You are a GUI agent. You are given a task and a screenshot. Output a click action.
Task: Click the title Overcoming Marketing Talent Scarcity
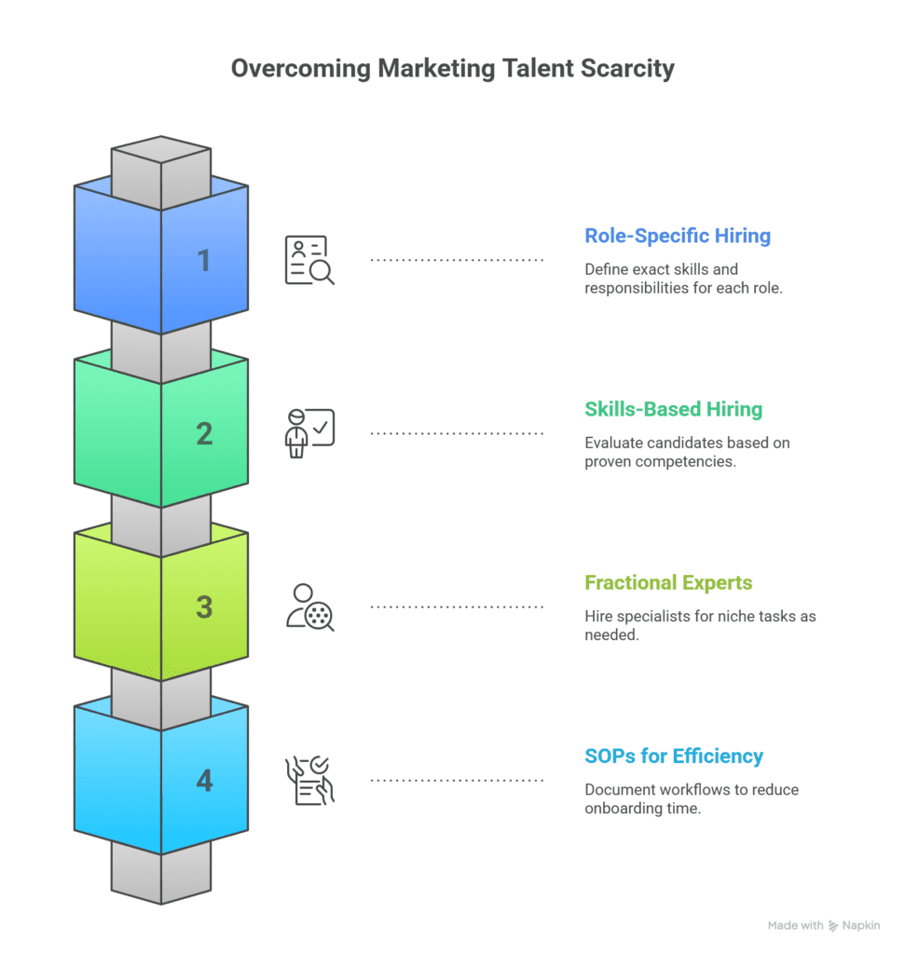(x=452, y=69)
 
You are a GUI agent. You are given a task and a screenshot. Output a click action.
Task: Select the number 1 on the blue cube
(x=203, y=261)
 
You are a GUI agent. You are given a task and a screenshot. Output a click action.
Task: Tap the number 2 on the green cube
(x=203, y=434)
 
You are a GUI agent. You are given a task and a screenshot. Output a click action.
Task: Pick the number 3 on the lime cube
(x=203, y=607)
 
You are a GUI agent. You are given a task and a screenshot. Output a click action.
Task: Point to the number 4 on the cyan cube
(x=203, y=781)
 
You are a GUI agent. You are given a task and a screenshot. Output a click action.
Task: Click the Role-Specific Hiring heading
(x=678, y=236)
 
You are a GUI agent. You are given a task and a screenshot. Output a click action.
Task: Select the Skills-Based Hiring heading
(x=673, y=409)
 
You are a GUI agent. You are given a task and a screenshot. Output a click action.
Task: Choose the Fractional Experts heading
(x=668, y=582)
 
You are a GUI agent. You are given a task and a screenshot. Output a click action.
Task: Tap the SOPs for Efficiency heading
(x=674, y=756)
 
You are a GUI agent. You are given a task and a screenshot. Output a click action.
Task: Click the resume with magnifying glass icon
(x=309, y=260)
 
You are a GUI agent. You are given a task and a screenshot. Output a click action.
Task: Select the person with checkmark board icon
(x=309, y=433)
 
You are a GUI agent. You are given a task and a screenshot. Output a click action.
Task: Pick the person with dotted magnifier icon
(x=309, y=606)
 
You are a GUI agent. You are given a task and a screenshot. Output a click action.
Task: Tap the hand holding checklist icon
(x=309, y=780)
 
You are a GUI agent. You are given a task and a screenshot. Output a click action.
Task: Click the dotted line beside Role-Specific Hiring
(x=457, y=260)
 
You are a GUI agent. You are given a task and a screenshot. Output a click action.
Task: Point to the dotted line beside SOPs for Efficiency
(x=457, y=780)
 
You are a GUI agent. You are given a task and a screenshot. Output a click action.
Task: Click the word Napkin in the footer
(x=861, y=925)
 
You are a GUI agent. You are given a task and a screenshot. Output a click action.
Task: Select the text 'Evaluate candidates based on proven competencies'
(x=687, y=452)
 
